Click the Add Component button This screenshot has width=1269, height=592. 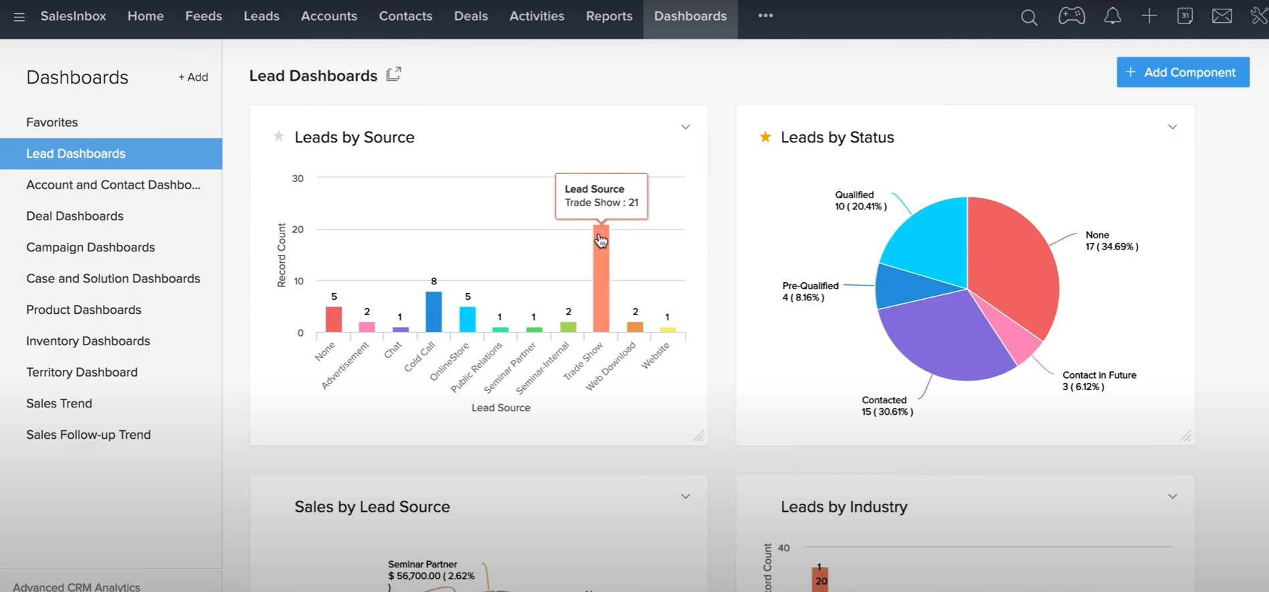[x=1182, y=72]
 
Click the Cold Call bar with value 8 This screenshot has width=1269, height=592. [x=434, y=312]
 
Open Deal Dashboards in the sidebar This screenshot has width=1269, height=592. [x=75, y=216]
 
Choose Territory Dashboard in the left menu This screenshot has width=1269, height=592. [x=82, y=372]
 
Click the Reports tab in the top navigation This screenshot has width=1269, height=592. [x=609, y=16]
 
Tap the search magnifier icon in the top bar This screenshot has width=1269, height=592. [x=1028, y=17]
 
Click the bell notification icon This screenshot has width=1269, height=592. [x=1112, y=16]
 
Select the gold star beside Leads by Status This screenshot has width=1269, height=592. [x=765, y=137]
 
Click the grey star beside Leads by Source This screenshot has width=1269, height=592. [x=279, y=136]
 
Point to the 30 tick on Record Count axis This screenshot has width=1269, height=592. [x=297, y=179]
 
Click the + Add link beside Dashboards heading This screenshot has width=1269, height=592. [x=192, y=78]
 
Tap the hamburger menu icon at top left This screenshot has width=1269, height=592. [x=19, y=17]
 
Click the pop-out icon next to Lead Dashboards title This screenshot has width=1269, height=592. [x=394, y=74]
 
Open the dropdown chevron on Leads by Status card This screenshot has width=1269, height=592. [x=1172, y=127]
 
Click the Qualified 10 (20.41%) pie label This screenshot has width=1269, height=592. [x=860, y=201]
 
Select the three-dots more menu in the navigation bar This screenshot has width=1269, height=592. [x=765, y=16]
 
